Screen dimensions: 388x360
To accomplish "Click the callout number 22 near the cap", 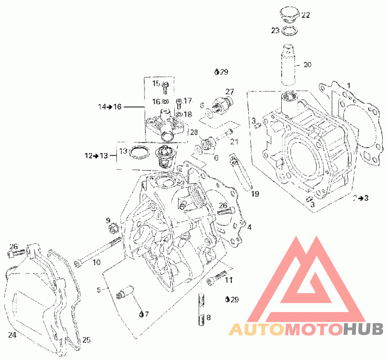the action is [x=306, y=15].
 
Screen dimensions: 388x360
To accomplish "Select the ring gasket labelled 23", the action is [x=290, y=30].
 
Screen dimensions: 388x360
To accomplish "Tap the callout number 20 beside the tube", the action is [x=307, y=65].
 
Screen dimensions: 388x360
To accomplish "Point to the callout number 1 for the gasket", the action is [x=349, y=86].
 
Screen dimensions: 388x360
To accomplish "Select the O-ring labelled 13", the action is [x=140, y=153].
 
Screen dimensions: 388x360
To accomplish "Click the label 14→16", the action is [x=110, y=107].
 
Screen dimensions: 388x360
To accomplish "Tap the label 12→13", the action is [x=97, y=156].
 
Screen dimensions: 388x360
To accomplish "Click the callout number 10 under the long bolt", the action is [x=97, y=262].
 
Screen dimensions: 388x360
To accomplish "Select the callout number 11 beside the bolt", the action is [x=229, y=280].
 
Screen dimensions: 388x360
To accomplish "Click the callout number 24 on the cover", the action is [x=13, y=335].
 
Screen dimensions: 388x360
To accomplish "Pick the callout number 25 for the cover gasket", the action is [x=86, y=340].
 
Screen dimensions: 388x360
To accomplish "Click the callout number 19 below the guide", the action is [x=255, y=194].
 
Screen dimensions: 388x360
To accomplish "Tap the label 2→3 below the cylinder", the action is [x=360, y=198].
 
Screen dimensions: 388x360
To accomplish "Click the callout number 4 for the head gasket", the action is [x=249, y=227].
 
